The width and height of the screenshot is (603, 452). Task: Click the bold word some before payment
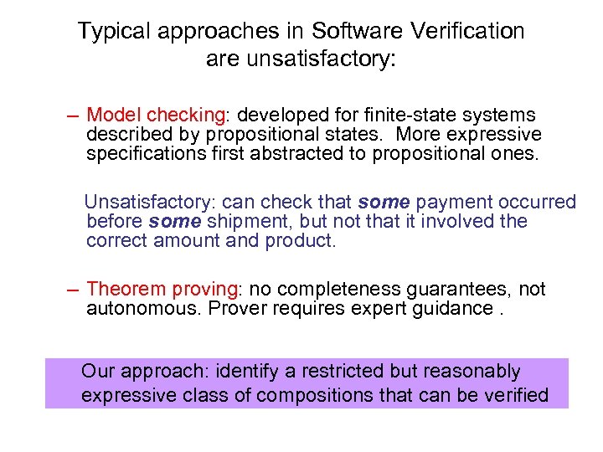[384, 203]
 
